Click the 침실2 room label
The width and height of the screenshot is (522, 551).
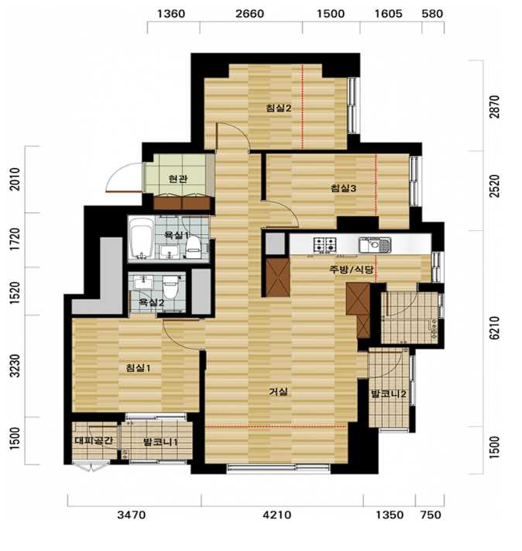279,108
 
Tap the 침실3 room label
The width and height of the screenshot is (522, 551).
343,188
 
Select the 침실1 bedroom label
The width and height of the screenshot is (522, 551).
138,368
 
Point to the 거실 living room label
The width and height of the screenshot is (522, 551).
278,391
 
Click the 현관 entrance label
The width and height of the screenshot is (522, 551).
178,179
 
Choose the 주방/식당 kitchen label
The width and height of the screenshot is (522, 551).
351,270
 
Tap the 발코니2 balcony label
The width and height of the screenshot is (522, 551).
389,394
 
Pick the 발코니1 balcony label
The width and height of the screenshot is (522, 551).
160,442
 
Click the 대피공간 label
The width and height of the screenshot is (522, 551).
94,440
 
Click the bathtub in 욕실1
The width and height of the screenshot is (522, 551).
141,238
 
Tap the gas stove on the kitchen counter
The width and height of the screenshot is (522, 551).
325,244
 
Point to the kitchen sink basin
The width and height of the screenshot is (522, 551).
375,245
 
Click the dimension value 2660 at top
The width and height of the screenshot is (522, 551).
249,14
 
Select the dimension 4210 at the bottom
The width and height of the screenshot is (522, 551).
277,515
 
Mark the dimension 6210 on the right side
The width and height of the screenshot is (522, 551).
494,328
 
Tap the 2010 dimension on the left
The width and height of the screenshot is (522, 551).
15,179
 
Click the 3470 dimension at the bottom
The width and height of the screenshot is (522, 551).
131,515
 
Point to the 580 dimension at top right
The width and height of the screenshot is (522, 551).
432,14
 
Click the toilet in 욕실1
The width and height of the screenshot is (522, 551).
193,247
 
